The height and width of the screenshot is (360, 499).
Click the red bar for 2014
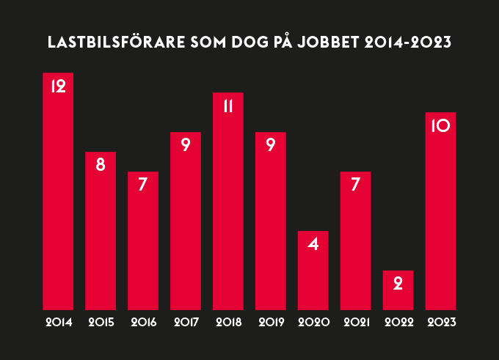[x=58, y=198]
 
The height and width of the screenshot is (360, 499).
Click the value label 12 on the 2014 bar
[x=58, y=86]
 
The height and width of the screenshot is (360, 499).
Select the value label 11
[x=227, y=106]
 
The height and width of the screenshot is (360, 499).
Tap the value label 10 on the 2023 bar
[x=440, y=125]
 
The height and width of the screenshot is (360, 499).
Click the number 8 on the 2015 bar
[x=101, y=165]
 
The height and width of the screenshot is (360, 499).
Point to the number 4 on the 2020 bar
[x=313, y=244]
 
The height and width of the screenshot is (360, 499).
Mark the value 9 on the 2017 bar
[x=186, y=145]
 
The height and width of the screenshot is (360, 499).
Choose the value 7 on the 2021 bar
[x=355, y=185]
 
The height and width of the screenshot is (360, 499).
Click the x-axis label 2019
[x=271, y=322]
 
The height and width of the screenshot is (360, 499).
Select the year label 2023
[x=440, y=322]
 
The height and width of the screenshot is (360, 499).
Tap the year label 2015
[x=101, y=322]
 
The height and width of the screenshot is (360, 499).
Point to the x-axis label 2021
[x=355, y=322]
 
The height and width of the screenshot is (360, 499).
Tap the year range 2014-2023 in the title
[x=407, y=43]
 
